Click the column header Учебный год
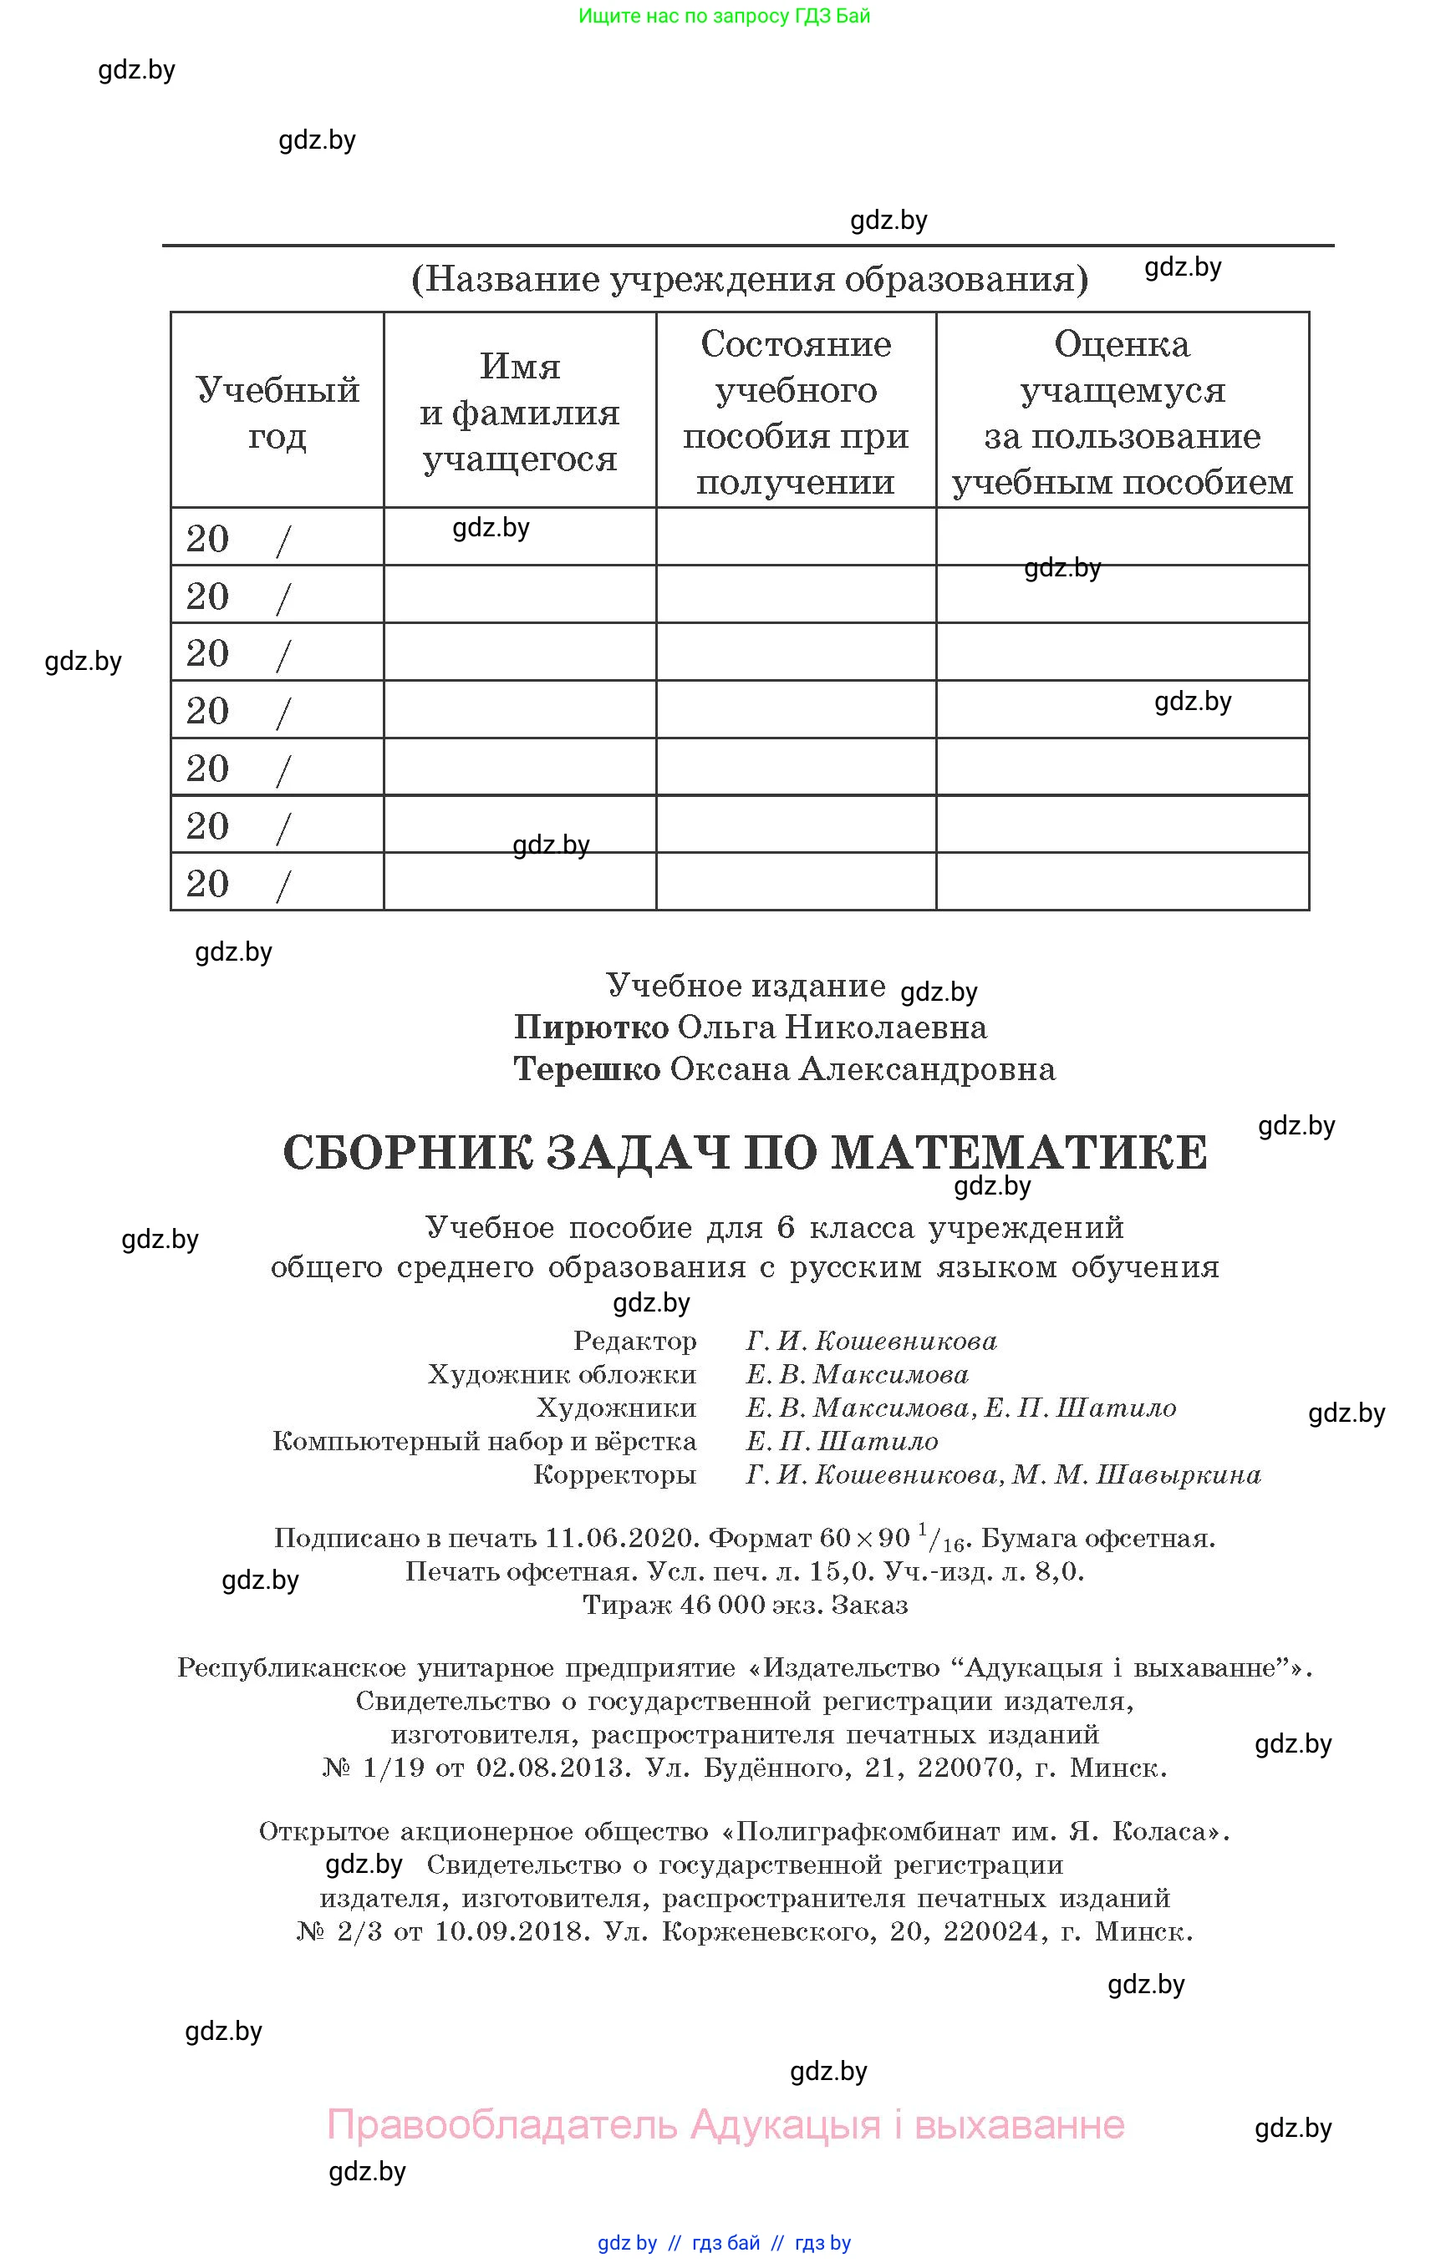(277, 413)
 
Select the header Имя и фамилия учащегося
(519, 413)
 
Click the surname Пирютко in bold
(591, 1027)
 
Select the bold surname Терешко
(586, 1070)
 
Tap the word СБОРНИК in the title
(408, 1153)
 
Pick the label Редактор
(635, 1341)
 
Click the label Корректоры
(614, 1474)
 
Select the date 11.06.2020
(622, 1539)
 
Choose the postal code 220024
(990, 1931)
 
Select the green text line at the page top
(724, 16)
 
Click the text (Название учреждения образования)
(750, 279)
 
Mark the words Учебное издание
(746, 986)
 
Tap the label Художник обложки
(562, 1375)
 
